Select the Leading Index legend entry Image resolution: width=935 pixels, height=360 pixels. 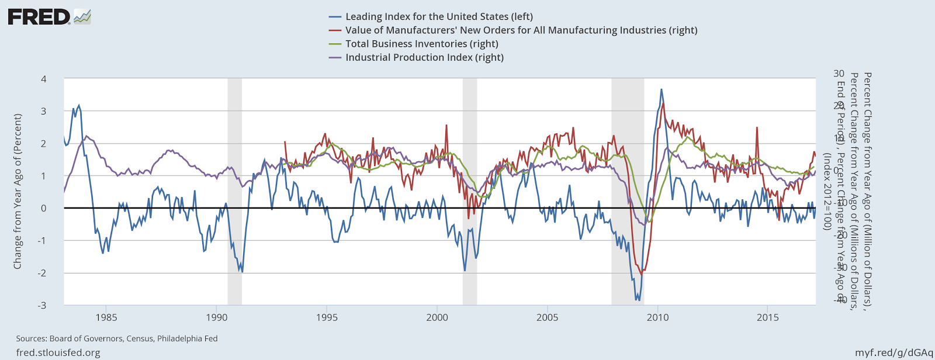click(439, 17)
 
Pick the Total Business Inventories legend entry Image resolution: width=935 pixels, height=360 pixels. click(421, 44)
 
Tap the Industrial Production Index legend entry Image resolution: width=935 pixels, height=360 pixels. click(424, 57)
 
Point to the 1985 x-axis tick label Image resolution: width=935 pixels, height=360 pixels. click(106, 317)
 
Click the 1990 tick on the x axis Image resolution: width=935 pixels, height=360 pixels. click(216, 317)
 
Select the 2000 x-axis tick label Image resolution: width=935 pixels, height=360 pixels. click(437, 317)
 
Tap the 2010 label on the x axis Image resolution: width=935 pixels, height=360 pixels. click(657, 317)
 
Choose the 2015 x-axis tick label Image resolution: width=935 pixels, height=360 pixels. click(767, 317)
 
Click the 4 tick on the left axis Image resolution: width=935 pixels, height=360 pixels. click(44, 79)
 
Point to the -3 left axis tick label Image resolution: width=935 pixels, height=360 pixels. click(42, 305)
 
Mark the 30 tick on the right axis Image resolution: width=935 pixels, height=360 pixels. click(839, 73)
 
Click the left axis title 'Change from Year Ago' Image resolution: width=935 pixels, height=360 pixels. click(18, 192)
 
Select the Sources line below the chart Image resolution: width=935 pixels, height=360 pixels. click(117, 338)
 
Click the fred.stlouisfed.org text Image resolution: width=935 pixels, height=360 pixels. click(58, 352)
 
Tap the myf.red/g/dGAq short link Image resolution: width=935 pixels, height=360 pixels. click(894, 352)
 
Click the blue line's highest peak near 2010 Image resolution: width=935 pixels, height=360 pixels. click(661, 89)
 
